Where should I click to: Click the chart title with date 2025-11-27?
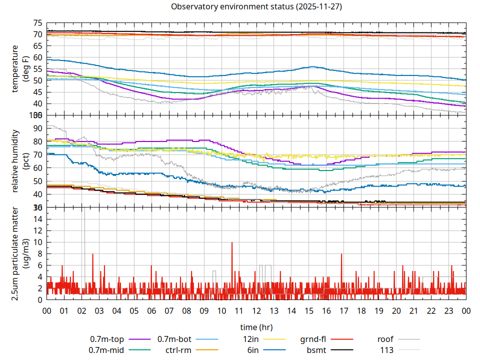pyautogui.click(x=256, y=7)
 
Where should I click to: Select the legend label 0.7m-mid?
pyautogui.click(x=106, y=350)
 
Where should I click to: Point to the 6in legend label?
pyautogui.click(x=254, y=350)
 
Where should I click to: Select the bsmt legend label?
pyautogui.click(x=316, y=350)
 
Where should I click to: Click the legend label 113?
pyautogui.click(x=387, y=350)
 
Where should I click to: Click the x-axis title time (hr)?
pyautogui.click(x=256, y=327)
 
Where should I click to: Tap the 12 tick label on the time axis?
pyautogui.click(x=256, y=310)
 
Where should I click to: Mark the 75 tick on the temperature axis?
pyautogui.click(x=37, y=23)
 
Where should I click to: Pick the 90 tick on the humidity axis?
pyautogui.click(x=37, y=128)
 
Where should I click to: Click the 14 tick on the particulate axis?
pyautogui.click(x=37, y=219)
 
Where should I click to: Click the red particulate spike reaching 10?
pyautogui.click(x=232, y=243)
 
